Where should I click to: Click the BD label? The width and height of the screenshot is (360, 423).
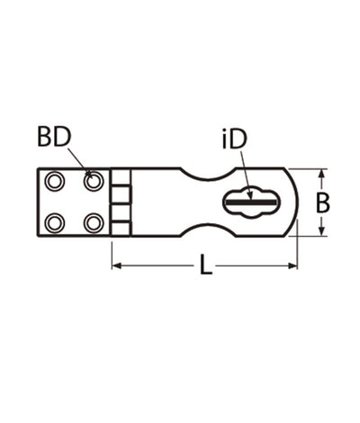point(54,137)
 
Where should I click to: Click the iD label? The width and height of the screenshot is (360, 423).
point(234,139)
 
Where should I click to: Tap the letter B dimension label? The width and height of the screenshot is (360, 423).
point(323,203)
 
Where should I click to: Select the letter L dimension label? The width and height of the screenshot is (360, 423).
point(206,265)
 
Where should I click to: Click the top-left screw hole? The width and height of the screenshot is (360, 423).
point(54,181)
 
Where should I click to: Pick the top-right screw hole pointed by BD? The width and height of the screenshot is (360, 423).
point(94,181)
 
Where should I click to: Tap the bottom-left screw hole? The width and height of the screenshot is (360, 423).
point(54,223)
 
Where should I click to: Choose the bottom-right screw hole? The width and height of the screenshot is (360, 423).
point(94,223)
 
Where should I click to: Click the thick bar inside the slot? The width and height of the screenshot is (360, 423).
point(251,202)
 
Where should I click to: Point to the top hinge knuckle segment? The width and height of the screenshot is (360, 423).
point(121,177)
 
